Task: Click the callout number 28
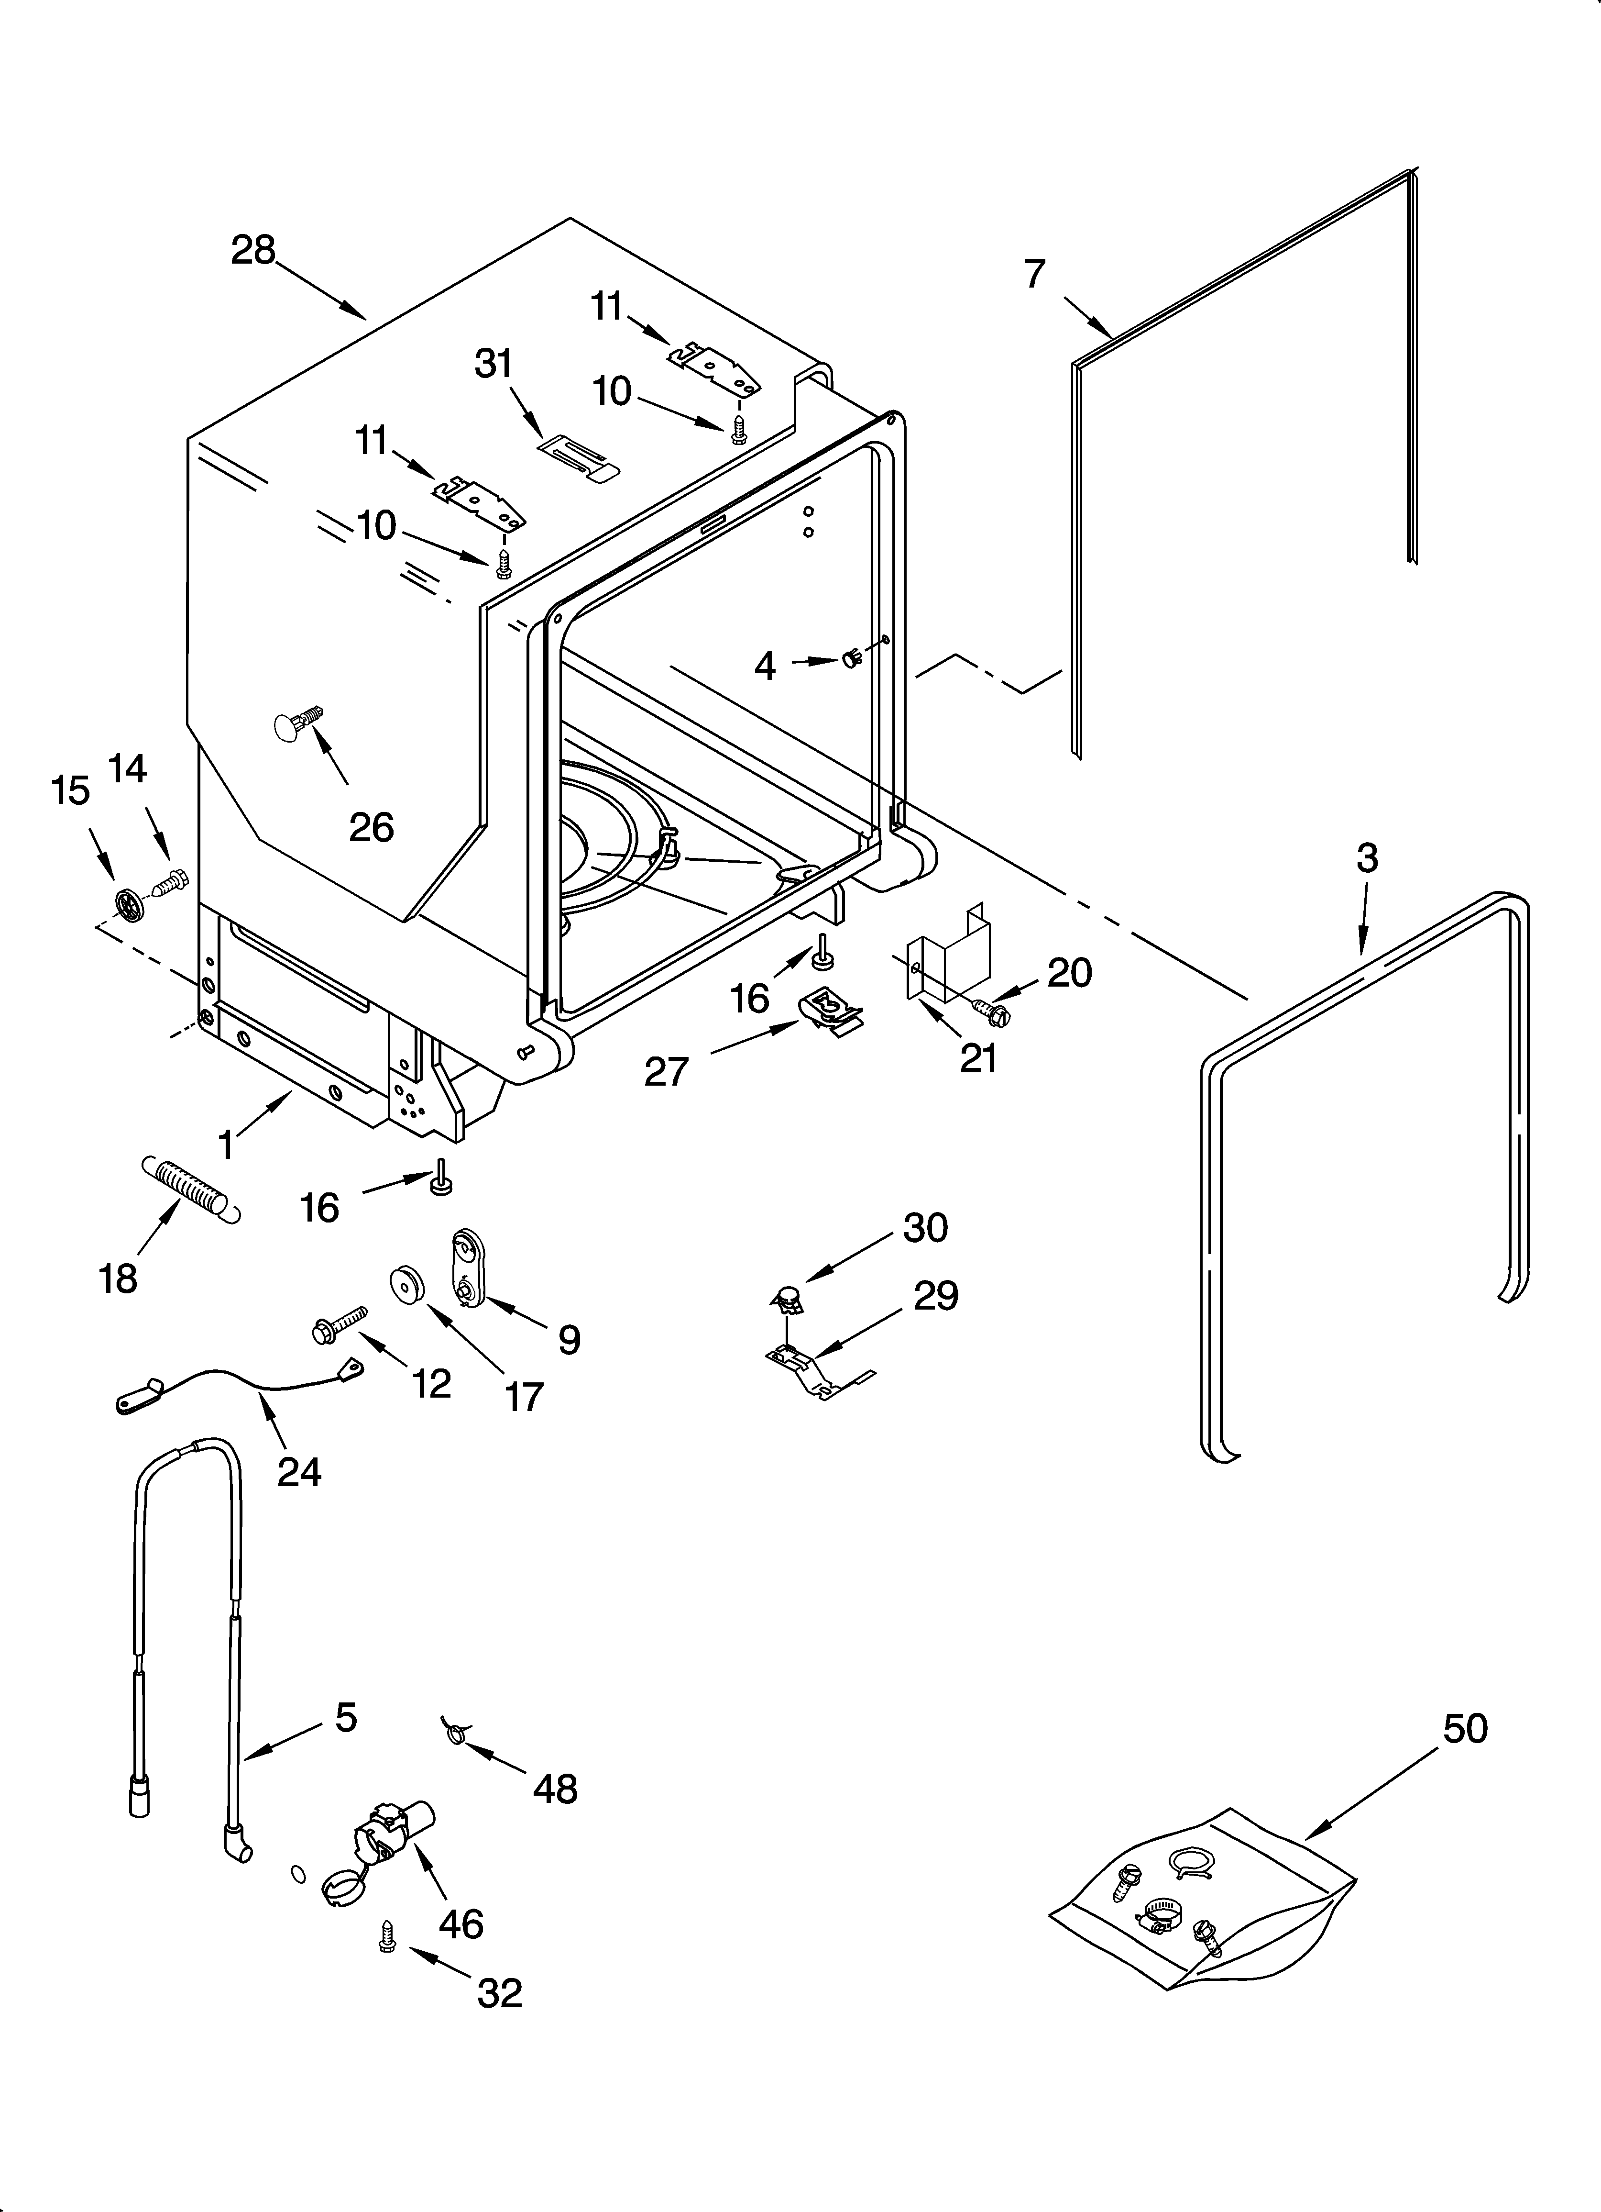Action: [253, 251]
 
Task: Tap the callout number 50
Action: [1465, 1729]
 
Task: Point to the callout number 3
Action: [1367, 858]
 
